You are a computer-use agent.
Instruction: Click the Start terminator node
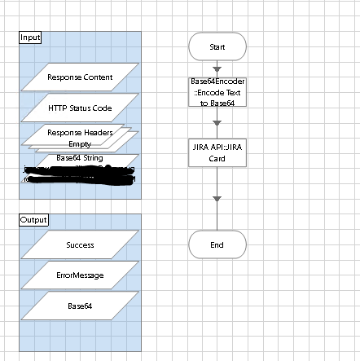pos(217,47)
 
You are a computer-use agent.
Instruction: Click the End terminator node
pos(217,244)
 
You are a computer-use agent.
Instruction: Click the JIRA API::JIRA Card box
pos(217,153)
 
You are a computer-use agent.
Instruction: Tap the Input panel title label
pos(30,37)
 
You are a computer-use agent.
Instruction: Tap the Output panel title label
pos(33,220)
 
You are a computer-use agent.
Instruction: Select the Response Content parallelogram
pos(80,77)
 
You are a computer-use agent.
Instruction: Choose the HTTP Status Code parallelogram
pos(80,108)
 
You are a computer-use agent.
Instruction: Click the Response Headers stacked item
pos(80,132)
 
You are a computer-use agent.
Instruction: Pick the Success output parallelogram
pos(80,244)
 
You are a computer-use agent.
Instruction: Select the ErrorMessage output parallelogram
pos(80,275)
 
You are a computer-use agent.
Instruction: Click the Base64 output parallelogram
pos(80,306)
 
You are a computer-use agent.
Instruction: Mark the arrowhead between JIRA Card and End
pos(217,198)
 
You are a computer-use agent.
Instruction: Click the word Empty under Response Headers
pos(80,143)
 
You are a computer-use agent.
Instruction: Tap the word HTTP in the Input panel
pos(57,108)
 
